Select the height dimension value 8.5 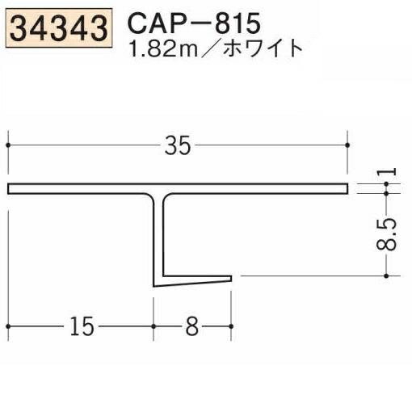[390, 235]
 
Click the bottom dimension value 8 [192, 326]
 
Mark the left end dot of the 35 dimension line [8, 145]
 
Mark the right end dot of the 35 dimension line [348, 145]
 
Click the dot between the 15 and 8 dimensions [153, 326]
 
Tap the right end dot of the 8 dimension [233, 326]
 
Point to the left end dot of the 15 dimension [8, 326]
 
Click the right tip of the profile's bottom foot [231, 280]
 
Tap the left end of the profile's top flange [11, 189]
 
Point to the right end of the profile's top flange [347, 189]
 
